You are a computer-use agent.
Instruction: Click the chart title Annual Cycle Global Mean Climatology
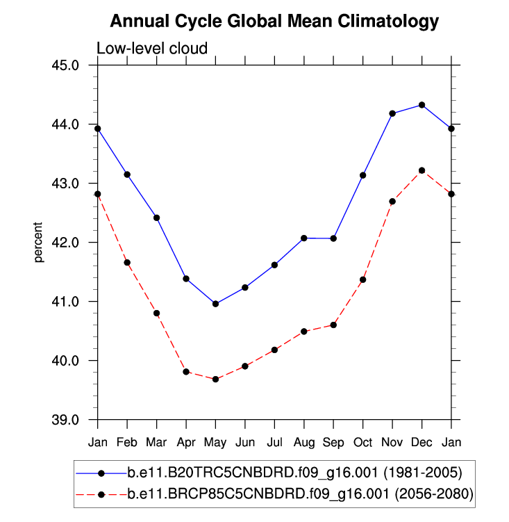pos(274,22)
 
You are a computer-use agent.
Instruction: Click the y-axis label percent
pos(40,243)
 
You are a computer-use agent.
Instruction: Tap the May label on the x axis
pos(215,442)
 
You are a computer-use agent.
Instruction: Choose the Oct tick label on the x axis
pos(362,442)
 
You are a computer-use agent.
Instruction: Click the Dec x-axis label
pos(422,442)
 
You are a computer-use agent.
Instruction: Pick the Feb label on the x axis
pos(127,442)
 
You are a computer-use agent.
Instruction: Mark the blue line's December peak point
pos(422,105)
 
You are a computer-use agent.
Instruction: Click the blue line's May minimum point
pos(215,304)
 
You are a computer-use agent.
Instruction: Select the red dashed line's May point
pos(215,380)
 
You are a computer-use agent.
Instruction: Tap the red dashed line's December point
pos(422,170)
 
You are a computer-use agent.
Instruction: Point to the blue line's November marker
pos(392,113)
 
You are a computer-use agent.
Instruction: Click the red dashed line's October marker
pos(362,279)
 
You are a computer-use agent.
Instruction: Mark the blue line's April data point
pos(186,279)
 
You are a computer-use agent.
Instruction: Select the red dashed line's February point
pos(127,263)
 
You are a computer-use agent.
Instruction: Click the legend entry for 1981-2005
pos(294,473)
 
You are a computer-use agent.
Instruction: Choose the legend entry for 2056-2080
pos(300,495)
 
